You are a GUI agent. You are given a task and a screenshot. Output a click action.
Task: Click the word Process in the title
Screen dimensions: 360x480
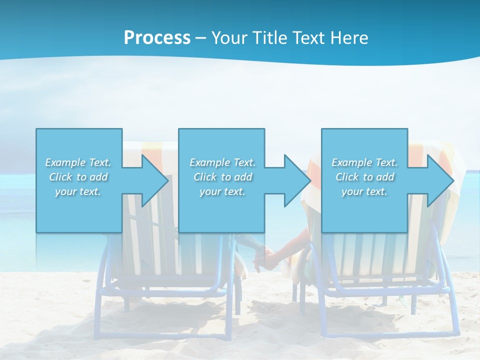157,37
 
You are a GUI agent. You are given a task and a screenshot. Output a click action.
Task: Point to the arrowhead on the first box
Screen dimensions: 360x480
153,180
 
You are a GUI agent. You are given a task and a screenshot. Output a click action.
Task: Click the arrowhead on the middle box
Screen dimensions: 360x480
295,180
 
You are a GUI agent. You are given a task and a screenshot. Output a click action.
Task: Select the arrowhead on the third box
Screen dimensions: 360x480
438,180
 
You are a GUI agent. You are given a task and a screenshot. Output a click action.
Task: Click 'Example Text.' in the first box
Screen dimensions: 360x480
78,162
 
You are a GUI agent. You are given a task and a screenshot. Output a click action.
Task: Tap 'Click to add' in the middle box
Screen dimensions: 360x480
222,177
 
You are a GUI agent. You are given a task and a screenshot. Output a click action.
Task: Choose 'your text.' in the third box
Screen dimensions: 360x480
364,191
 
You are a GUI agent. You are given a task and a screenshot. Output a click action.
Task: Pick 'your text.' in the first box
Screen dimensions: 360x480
78,191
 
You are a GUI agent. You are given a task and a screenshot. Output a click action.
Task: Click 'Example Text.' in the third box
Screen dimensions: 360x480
364,162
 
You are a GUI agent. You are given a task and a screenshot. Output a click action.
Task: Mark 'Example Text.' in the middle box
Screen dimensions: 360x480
222,162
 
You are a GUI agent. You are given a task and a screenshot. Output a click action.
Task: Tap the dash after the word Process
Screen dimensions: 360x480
201,38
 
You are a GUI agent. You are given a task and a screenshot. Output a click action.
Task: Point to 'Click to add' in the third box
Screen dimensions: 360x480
364,177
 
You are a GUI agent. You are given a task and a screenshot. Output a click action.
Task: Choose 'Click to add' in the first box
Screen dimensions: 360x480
78,177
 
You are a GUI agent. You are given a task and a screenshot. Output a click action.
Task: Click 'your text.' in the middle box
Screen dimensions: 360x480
222,191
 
